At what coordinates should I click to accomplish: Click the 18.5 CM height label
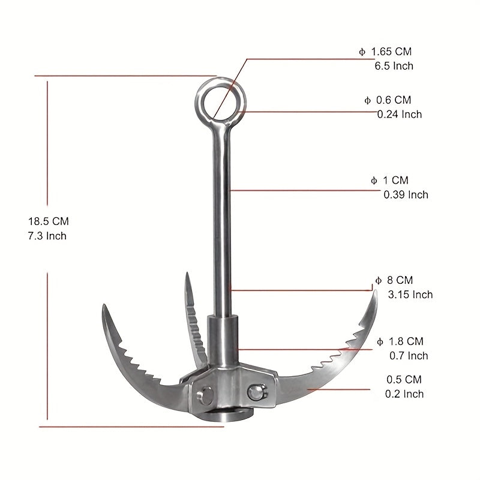point(49,221)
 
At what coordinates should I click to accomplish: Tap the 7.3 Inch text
point(47,236)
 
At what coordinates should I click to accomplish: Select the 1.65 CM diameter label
point(385,52)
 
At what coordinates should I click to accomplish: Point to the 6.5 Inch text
point(394,66)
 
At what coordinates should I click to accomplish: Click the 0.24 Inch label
point(400,114)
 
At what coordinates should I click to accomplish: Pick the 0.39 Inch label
point(406,194)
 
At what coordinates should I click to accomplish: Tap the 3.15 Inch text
point(410,295)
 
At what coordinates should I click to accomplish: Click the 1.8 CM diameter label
point(400,341)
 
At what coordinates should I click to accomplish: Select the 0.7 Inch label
point(409,356)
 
